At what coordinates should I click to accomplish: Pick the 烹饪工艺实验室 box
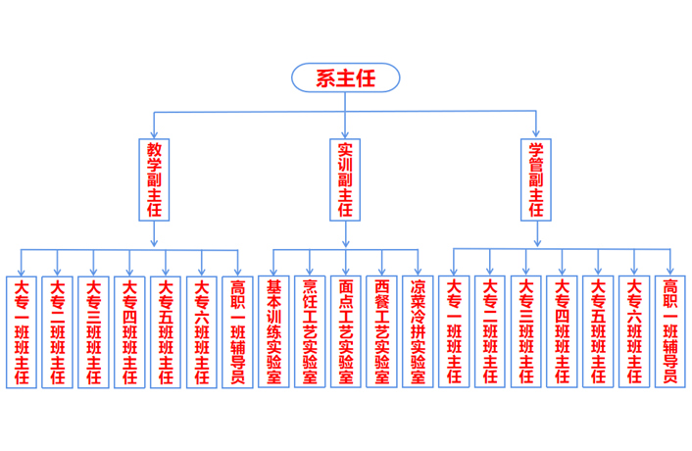tap(310, 331)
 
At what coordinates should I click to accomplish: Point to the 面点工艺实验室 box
tap(345, 331)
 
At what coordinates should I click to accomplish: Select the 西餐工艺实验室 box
tap(381, 331)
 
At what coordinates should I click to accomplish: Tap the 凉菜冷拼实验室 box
tap(418, 331)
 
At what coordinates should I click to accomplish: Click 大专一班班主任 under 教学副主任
tap(21, 331)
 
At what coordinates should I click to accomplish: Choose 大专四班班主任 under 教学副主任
tap(129, 331)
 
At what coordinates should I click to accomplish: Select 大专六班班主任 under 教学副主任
tap(201, 331)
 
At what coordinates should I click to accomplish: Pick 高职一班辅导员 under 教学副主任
tap(236, 331)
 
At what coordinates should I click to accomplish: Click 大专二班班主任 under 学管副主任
tap(489, 331)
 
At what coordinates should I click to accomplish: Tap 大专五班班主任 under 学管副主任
tap(598, 331)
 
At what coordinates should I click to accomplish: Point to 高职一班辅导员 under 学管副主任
tap(669, 331)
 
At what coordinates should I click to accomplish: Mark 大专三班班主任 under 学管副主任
tap(525, 331)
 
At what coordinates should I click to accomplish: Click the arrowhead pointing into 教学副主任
tap(154, 132)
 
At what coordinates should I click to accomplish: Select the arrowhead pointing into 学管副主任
tap(536, 132)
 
